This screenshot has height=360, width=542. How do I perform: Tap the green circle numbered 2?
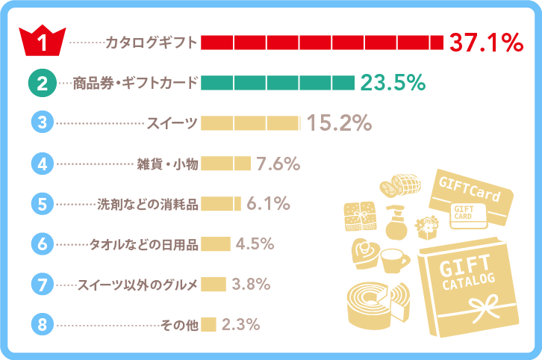(43, 83)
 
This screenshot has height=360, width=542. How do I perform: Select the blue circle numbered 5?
(43, 203)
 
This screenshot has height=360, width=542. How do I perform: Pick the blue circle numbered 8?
(43, 324)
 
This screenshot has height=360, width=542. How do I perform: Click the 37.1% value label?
(485, 43)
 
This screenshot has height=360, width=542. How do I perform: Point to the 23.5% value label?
(393, 83)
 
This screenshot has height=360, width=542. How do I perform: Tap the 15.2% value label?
(340, 123)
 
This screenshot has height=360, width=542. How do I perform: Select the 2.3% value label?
(240, 324)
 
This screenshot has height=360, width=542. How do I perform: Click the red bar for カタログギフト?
(322, 43)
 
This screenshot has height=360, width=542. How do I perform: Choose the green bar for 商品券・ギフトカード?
(277, 83)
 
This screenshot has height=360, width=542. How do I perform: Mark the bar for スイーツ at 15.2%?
(250, 123)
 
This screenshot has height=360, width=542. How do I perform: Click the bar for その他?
(208, 324)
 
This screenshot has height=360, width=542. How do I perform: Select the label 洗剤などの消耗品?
(149, 204)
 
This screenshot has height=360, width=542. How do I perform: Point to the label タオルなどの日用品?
(144, 244)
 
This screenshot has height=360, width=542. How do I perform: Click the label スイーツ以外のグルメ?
(138, 285)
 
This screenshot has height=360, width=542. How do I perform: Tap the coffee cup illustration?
(394, 261)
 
